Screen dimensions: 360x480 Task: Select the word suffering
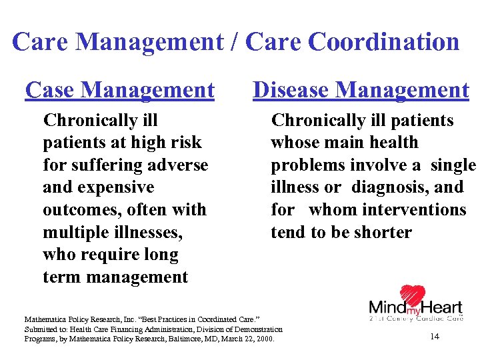tap(109, 165)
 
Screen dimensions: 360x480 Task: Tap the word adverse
tap(180, 165)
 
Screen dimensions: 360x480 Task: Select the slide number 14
tap(435, 337)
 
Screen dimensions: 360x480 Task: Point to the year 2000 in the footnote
tap(265, 339)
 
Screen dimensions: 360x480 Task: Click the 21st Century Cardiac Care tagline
tap(416, 319)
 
